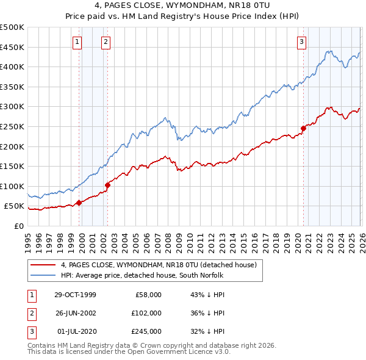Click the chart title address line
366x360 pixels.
(x=183, y=5)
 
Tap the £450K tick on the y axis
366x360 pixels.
(x=12, y=47)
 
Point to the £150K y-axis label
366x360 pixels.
(x=12, y=166)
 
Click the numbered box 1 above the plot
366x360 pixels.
(x=78, y=41)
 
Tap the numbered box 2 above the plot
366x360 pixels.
(x=106, y=41)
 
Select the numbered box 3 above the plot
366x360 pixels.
(x=301, y=41)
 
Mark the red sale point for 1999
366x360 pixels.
(x=79, y=203)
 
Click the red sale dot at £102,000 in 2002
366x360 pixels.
(x=107, y=185)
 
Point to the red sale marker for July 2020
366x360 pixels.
(x=303, y=128)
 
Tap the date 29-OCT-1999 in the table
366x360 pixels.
(x=75, y=295)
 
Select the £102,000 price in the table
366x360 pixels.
(x=146, y=313)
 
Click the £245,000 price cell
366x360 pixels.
(x=146, y=331)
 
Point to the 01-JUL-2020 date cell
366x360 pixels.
(x=75, y=331)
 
